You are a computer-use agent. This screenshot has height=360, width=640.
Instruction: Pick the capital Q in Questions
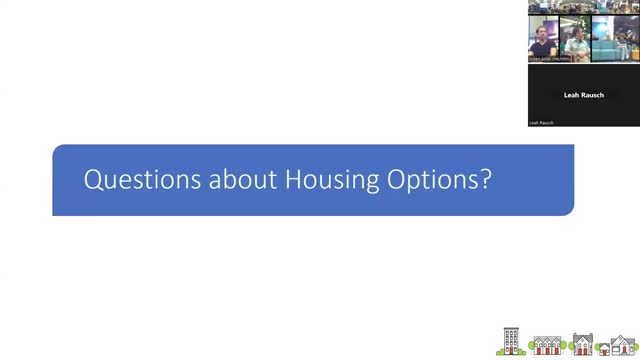93,180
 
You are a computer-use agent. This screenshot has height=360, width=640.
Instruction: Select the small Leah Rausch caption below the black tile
541,123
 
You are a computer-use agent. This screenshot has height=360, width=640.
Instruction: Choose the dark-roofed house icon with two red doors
583,345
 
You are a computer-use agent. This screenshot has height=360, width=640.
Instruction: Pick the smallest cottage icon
604,349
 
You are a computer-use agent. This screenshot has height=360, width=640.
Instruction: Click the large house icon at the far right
625,346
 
